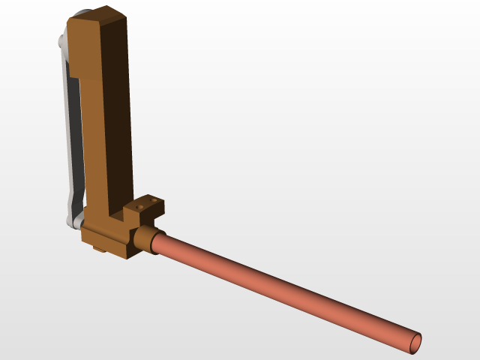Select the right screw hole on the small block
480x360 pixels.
tap(154, 200)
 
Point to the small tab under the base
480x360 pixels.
tap(98, 248)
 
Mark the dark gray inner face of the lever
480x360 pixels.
tap(75, 135)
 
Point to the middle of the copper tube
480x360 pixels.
tap(285, 289)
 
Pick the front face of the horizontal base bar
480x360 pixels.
tap(105, 236)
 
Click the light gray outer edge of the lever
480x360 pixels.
tap(66, 135)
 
